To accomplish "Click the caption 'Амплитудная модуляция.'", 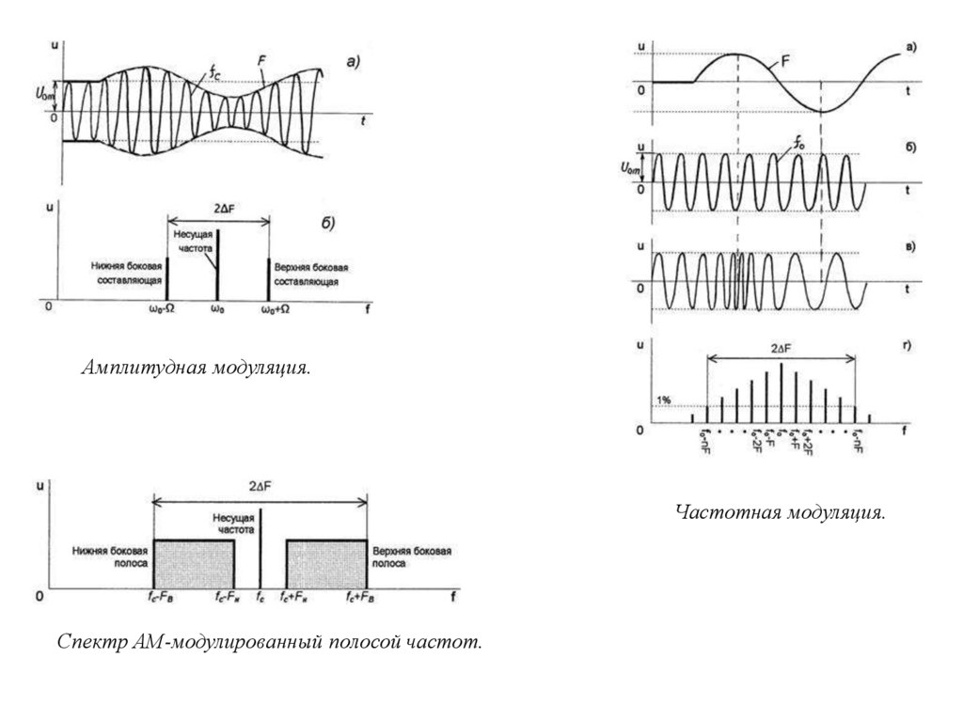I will point(195,366).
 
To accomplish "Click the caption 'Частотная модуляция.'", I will point(781,513).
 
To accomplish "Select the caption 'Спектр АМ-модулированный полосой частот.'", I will point(269,643).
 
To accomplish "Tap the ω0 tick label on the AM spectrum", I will point(218,308).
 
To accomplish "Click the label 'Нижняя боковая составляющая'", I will point(128,274).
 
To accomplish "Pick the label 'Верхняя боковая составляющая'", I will point(308,274).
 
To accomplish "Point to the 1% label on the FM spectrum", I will point(664,400).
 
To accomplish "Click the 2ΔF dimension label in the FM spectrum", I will point(781,348).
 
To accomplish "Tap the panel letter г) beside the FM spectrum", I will point(909,346).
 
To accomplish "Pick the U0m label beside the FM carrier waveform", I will point(633,169).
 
